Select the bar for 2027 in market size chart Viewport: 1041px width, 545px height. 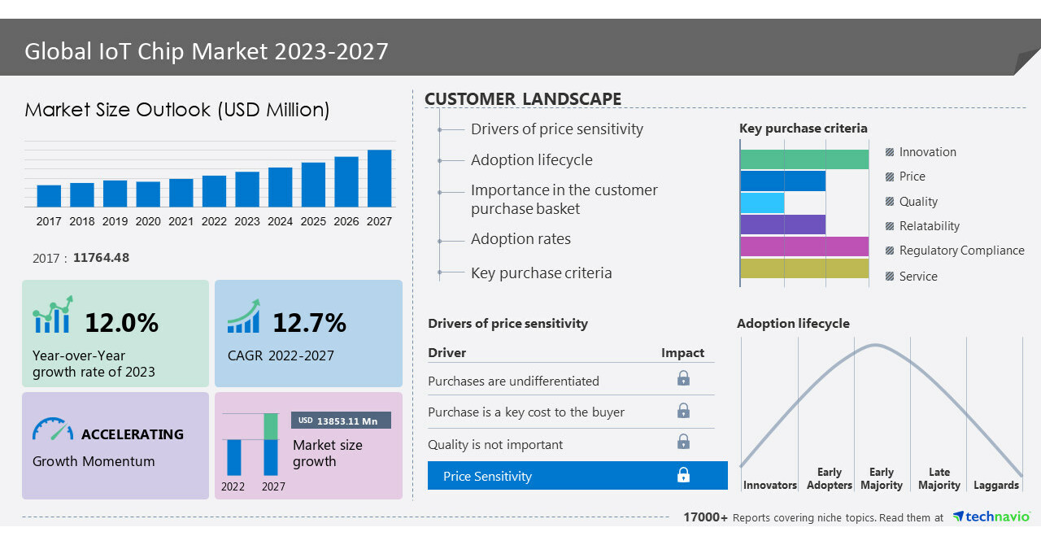(x=379, y=178)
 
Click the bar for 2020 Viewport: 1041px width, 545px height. (x=148, y=194)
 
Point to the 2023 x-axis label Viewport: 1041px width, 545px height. (x=247, y=221)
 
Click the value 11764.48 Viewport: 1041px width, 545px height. (x=101, y=258)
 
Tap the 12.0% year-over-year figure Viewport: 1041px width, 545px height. (x=121, y=323)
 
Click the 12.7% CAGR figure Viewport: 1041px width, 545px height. (x=309, y=323)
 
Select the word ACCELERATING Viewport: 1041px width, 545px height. (x=133, y=434)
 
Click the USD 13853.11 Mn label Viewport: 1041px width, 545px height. (x=341, y=421)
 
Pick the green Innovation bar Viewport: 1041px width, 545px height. (x=804, y=159)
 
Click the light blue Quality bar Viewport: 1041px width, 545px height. (x=762, y=203)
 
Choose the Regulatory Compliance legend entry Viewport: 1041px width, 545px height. (x=961, y=251)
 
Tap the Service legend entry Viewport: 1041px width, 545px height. (x=918, y=277)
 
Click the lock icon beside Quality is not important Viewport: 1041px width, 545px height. (x=683, y=442)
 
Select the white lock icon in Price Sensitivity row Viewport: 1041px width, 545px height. (x=683, y=475)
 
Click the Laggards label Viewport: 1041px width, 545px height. (x=995, y=486)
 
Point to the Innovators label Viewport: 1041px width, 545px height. (x=769, y=486)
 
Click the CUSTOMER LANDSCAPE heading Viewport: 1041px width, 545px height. (x=523, y=99)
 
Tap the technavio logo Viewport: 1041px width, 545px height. (x=991, y=517)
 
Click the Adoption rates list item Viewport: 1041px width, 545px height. (x=520, y=239)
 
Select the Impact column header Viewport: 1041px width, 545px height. (x=682, y=353)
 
